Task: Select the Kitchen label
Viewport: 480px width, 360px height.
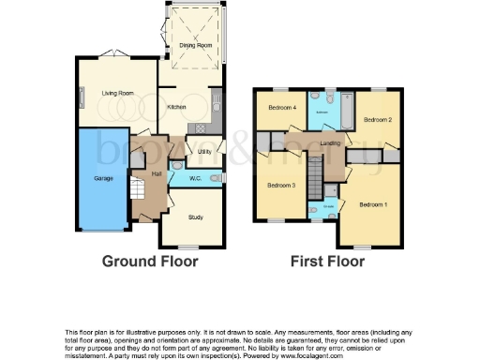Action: tap(176, 106)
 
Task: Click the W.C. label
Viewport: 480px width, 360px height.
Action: tap(197, 177)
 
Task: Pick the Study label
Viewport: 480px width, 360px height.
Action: tap(195, 217)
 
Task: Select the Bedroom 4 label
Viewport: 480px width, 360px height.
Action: tap(281, 108)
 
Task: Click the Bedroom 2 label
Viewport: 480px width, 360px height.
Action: tap(377, 120)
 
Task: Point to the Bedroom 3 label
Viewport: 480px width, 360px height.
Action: tap(281, 186)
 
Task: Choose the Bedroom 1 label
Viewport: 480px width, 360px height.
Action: tap(373, 203)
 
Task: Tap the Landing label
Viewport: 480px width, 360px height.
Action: tap(330, 142)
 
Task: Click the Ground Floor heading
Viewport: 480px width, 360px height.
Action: tap(150, 262)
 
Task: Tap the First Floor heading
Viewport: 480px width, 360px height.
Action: tap(327, 262)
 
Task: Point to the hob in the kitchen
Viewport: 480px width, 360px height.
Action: tap(199, 127)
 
